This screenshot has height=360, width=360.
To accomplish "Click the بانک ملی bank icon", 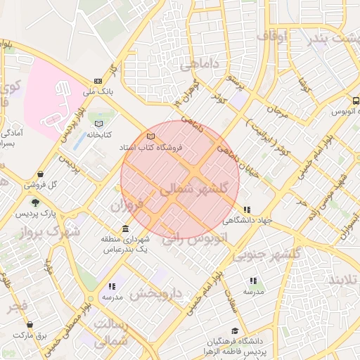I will tap(98, 82).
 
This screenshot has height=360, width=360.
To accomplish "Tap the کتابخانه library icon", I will tap(99, 124).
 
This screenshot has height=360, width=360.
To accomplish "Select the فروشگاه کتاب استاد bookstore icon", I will tap(149, 136).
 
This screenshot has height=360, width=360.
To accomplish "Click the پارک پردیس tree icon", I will tap(35, 202).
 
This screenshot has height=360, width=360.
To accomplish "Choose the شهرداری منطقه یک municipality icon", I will tap(125, 229).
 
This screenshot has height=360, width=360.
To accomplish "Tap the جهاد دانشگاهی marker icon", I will tap(246, 210).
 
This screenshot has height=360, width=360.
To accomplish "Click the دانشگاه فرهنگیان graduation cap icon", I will tap(234, 330).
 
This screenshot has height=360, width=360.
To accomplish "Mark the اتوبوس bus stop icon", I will tap(356, 101).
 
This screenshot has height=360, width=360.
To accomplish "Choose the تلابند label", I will tap(343, 280).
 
